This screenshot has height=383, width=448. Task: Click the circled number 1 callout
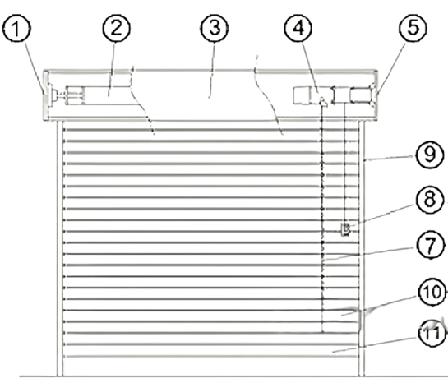16,28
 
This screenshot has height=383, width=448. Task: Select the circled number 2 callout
116,28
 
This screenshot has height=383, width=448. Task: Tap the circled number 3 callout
215,28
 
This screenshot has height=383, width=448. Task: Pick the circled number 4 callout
298,28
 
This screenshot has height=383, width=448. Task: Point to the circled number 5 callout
413,28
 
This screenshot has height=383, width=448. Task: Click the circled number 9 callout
429,155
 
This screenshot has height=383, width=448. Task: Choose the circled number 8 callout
429,200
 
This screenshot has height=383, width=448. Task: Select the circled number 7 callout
430,246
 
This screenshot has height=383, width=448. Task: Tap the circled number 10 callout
432,292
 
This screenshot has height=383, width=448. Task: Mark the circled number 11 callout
432,334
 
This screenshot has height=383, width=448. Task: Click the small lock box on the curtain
345,229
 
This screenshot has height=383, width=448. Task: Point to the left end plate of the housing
45,95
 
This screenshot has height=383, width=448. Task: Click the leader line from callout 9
389,158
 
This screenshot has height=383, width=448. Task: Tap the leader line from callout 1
34,68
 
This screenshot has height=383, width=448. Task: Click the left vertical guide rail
59,248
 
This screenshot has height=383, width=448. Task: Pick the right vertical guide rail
362,248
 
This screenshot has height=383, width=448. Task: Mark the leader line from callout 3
212,70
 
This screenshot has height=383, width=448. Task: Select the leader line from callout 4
309,67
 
